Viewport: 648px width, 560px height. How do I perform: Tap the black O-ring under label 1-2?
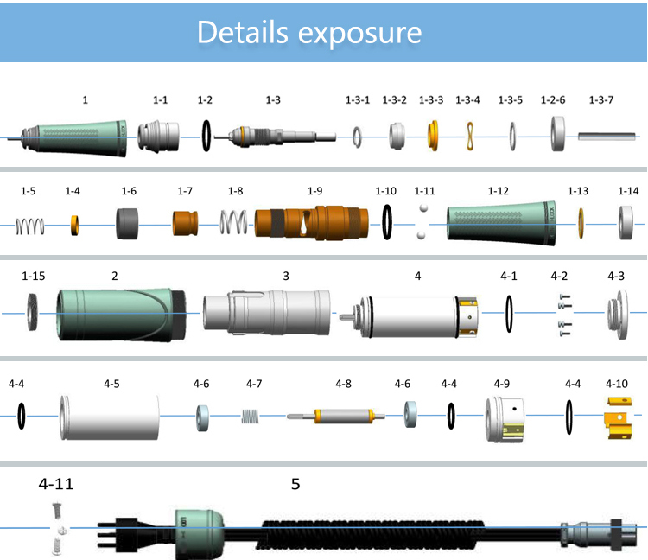205,134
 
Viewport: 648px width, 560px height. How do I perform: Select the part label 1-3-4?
467,100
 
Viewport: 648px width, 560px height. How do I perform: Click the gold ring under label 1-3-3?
434,135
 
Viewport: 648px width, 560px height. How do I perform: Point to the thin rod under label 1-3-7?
608,136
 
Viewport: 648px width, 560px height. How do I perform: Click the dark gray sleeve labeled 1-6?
129,226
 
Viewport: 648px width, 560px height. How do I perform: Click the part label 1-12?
499,190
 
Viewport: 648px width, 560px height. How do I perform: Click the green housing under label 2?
121,314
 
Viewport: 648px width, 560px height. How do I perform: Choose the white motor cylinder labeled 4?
410,313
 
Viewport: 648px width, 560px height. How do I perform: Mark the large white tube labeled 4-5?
111,417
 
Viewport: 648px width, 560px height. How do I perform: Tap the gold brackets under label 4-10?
616,417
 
